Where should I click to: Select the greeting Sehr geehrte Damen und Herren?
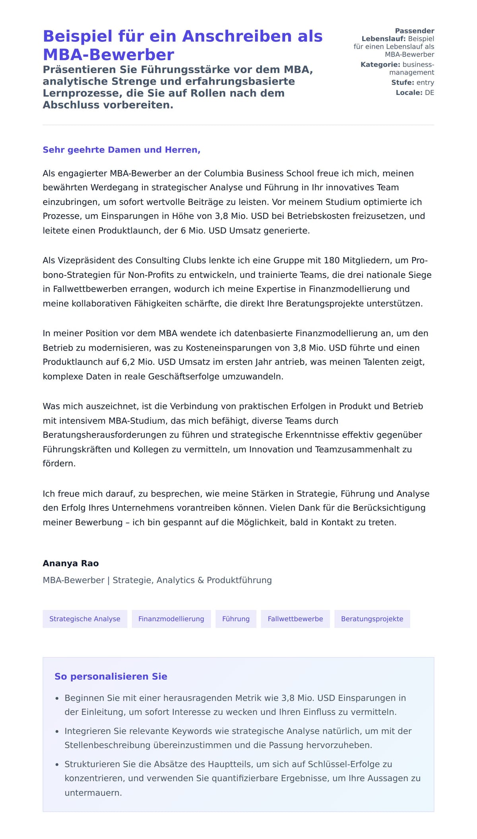121,150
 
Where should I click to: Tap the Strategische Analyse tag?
85,619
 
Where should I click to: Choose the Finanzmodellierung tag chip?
171,619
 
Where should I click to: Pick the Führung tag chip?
236,619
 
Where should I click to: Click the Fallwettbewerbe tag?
295,619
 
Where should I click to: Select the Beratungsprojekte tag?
372,619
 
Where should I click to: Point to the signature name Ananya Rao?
71,563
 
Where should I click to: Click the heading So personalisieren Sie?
111,676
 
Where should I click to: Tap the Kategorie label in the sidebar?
380,65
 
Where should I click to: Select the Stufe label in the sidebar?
403,83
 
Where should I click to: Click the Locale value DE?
429,93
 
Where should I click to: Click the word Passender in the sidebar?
414,31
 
